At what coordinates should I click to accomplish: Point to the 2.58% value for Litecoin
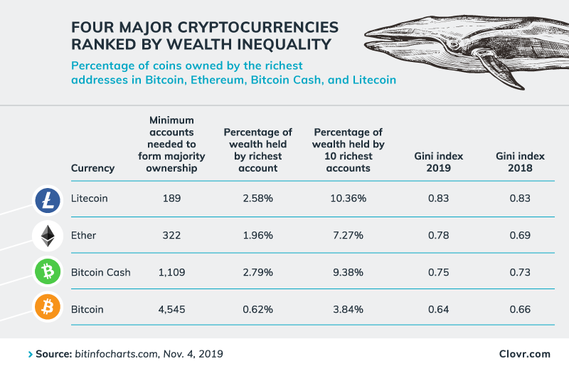point(257,198)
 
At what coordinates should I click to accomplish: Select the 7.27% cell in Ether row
point(348,235)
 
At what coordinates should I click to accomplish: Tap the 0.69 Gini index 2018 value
point(520,235)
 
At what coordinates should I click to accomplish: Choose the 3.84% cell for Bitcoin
point(348,309)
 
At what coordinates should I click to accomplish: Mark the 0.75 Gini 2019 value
point(439,272)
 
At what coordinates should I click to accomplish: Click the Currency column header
point(92,168)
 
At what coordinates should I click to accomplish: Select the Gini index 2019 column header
point(439,162)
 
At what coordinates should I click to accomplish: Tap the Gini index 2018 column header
point(520,162)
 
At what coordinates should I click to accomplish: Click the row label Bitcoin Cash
point(100,272)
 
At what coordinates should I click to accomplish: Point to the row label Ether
point(84,235)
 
